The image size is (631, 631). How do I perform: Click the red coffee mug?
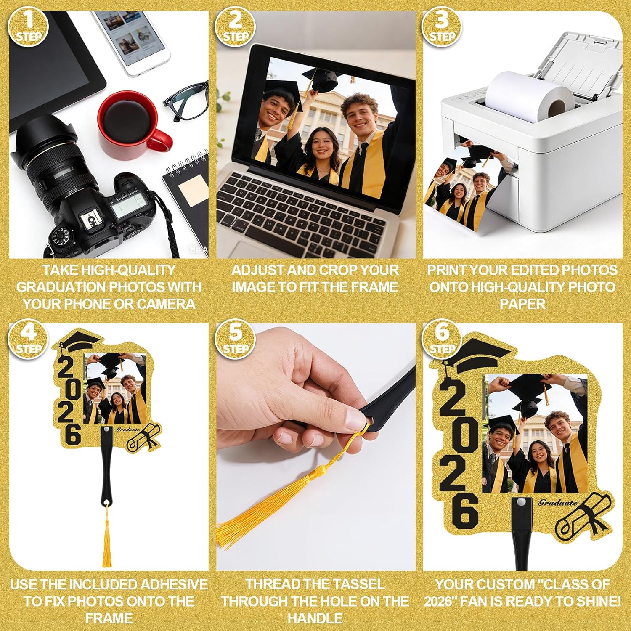click(133, 124)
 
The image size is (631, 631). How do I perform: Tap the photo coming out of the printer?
click(465, 185)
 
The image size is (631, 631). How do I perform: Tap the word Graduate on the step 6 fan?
click(558, 502)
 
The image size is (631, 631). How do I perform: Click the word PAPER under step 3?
click(522, 304)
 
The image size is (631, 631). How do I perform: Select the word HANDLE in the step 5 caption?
click(315, 618)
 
